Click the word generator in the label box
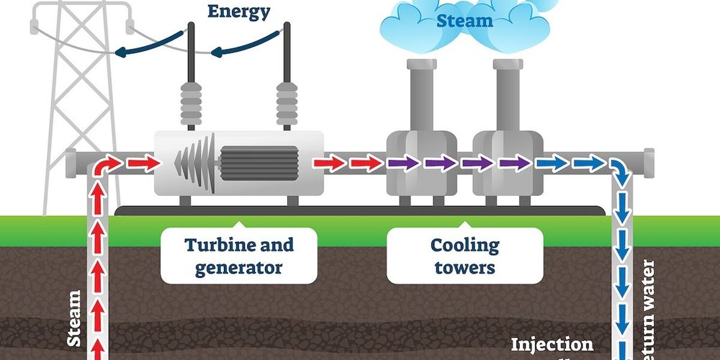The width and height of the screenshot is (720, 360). point(239,268)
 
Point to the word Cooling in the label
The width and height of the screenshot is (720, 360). point(464,245)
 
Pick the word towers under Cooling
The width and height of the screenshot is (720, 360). point(464,268)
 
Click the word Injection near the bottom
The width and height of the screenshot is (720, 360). point(552,345)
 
